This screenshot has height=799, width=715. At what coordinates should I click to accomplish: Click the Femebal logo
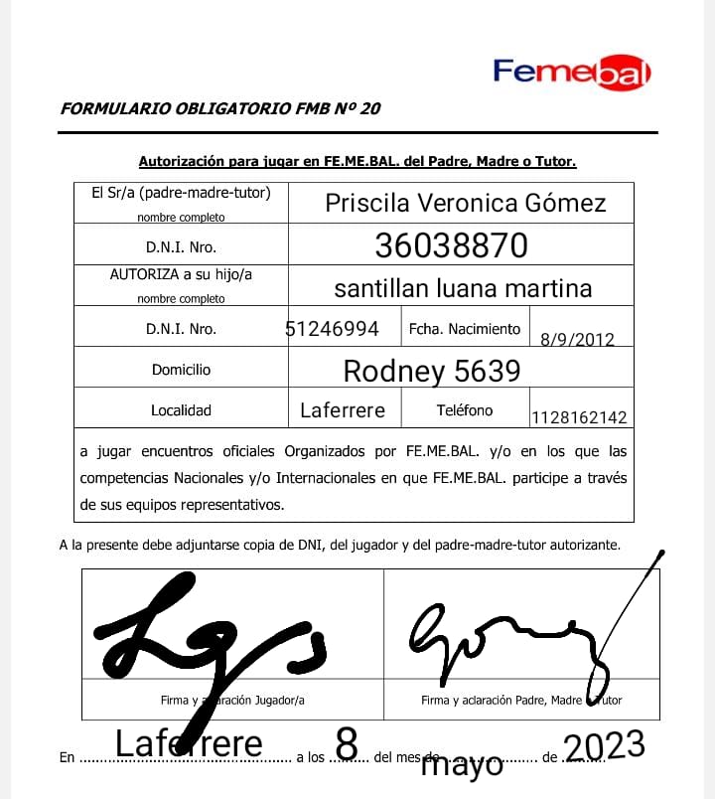tap(572, 72)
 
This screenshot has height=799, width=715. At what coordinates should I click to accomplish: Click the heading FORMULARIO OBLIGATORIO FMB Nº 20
tap(220, 109)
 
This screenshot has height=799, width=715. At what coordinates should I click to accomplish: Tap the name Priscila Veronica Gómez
tap(465, 204)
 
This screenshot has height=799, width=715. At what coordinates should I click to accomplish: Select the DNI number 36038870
tap(451, 245)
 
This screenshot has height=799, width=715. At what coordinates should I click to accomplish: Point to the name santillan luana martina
tap(463, 288)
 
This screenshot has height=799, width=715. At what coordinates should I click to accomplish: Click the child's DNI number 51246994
tap(332, 329)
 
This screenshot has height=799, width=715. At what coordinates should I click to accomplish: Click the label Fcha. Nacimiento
tap(464, 329)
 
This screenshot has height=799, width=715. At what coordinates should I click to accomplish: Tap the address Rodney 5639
tap(431, 371)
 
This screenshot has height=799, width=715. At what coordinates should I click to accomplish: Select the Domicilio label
tap(181, 370)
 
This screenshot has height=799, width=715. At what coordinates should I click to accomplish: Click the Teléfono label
tap(464, 409)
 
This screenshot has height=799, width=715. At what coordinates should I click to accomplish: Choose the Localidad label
tap(181, 409)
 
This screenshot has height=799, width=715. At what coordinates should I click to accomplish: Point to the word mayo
tap(462, 766)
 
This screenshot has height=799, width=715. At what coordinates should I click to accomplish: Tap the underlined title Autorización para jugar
tap(357, 161)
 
